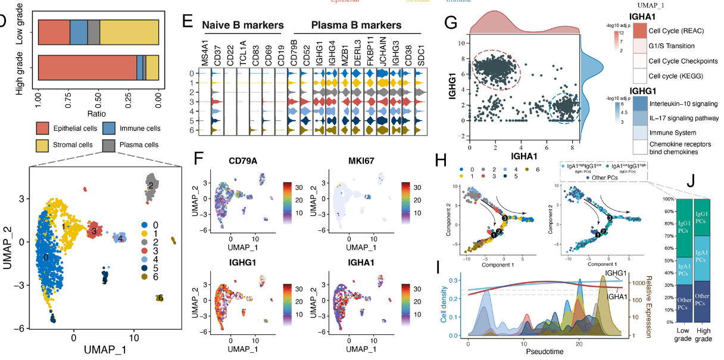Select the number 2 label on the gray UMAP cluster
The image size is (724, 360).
[151, 186]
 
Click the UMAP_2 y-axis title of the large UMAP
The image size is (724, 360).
[8, 246]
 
